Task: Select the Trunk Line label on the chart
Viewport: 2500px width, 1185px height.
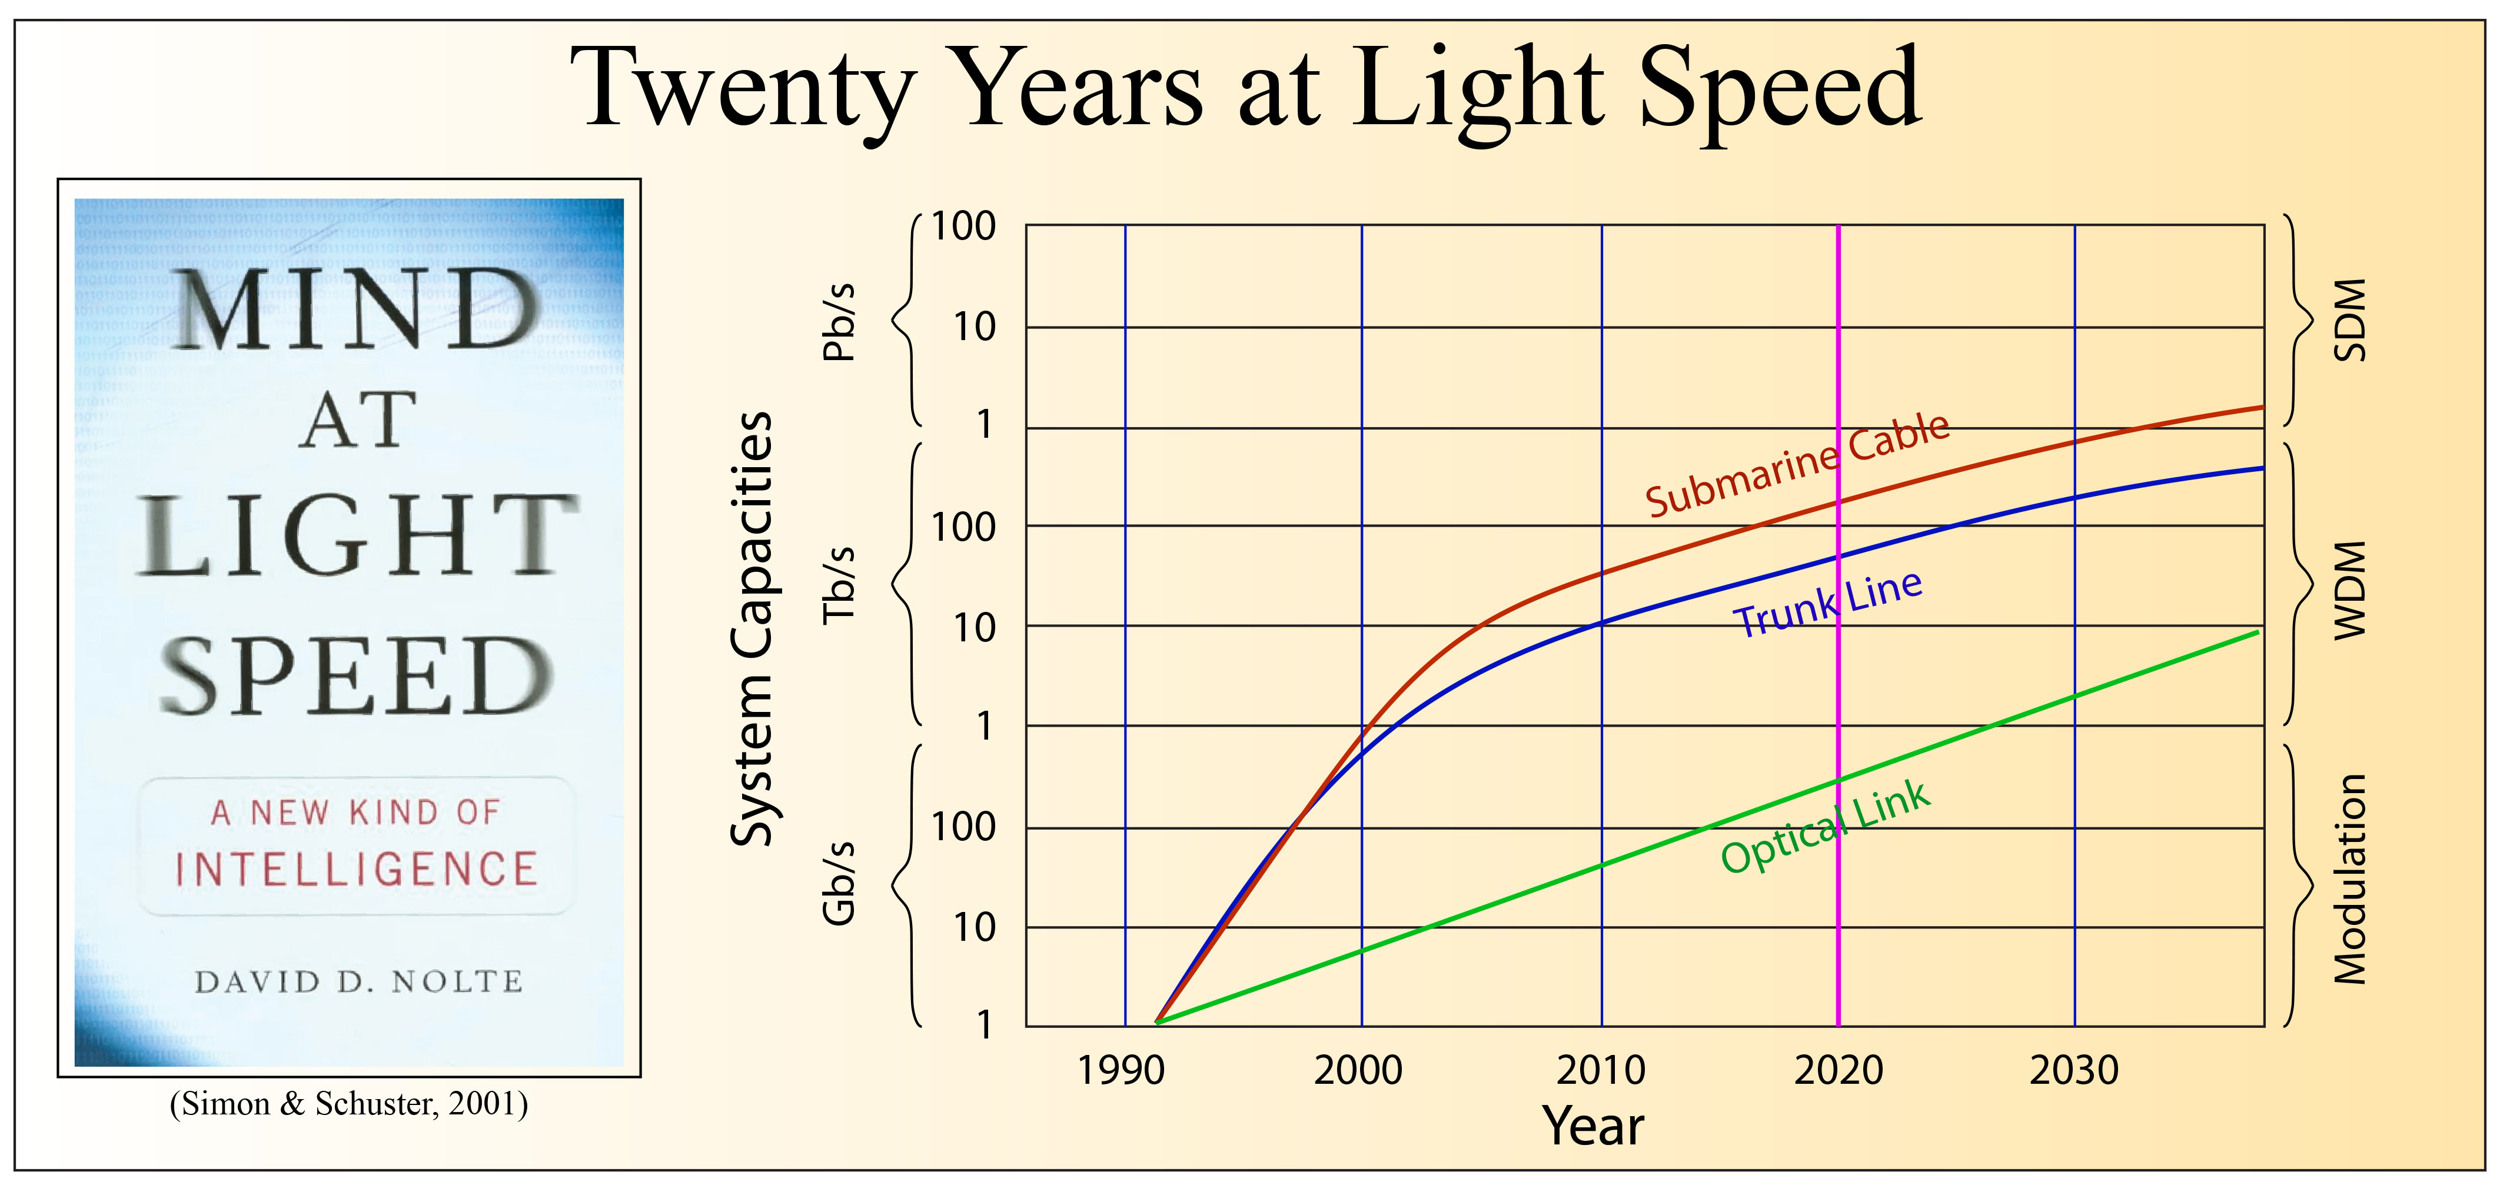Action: tap(1827, 605)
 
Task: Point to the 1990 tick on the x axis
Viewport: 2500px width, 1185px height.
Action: tap(1121, 1070)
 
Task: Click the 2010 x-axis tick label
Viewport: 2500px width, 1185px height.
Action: tap(1600, 1070)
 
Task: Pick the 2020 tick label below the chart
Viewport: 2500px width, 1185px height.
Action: tap(1838, 1070)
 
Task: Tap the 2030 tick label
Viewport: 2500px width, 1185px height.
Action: tap(2074, 1070)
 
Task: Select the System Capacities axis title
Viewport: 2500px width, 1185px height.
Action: tap(752, 629)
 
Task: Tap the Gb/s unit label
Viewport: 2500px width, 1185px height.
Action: tap(839, 882)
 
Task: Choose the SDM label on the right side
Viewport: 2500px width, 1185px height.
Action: tap(2349, 320)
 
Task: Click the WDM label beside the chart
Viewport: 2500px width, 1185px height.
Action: tap(2349, 590)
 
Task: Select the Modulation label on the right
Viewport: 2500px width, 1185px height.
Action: tap(2349, 879)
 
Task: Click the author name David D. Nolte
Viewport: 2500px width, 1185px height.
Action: tap(359, 982)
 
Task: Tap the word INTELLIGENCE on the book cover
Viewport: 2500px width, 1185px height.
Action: tap(356, 868)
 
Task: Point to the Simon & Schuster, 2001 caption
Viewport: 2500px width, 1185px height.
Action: tap(348, 1104)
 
